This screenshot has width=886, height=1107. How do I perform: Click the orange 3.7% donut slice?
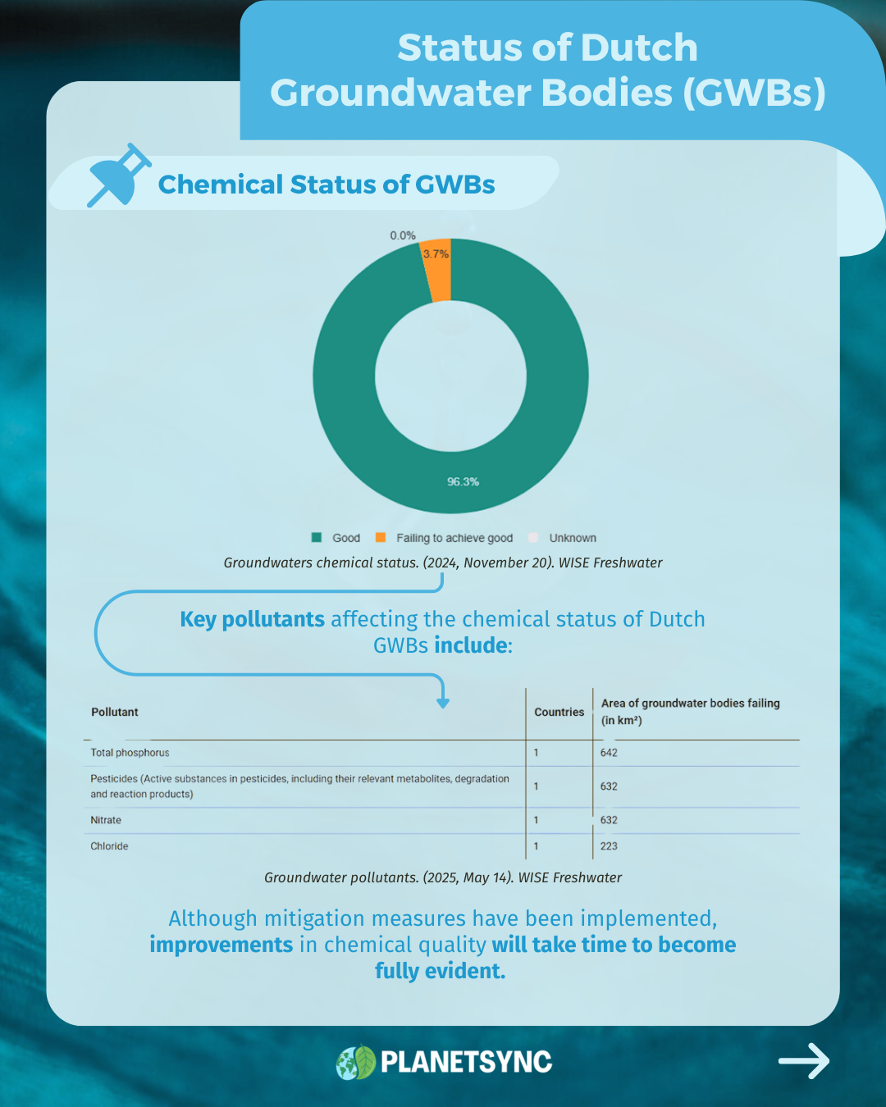tap(437, 272)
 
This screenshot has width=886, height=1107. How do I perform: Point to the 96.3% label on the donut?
tap(463, 481)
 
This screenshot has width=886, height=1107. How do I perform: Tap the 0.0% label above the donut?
tap(403, 235)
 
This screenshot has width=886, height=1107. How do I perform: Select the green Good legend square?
tap(317, 537)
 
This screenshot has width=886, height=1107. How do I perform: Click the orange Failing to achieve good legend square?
tap(381, 537)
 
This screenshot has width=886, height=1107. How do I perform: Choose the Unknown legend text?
tap(573, 538)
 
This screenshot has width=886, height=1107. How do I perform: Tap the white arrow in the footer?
tap(803, 1061)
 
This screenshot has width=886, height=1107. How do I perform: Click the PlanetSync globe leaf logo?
tap(356, 1062)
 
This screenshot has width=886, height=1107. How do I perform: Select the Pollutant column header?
tap(115, 712)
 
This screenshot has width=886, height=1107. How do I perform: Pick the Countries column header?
tap(559, 712)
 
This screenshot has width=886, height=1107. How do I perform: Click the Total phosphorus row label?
tap(130, 753)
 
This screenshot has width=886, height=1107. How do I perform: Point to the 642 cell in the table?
tap(609, 753)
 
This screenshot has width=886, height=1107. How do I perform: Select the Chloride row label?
tap(109, 846)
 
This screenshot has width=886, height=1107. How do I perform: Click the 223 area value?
tap(609, 846)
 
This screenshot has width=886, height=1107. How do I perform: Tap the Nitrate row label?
tap(106, 820)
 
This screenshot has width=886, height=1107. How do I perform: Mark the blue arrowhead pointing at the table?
tap(443, 703)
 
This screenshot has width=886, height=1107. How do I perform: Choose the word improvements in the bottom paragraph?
tap(221, 945)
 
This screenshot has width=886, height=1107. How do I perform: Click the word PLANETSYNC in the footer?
tap(466, 1062)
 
